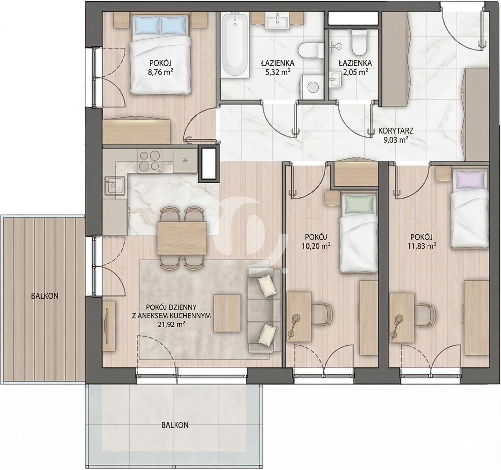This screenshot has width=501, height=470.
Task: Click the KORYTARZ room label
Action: (x=396, y=131)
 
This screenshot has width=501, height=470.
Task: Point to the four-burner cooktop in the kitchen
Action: (x=150, y=162)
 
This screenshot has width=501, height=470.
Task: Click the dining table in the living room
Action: (x=182, y=238)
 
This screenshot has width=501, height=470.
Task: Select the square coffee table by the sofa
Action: (x=227, y=313)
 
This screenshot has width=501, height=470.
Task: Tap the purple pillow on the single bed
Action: (x=470, y=179)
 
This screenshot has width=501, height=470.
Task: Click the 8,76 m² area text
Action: (x=161, y=73)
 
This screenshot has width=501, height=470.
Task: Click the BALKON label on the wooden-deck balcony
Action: (x=45, y=296)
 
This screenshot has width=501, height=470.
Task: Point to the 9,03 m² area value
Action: (x=396, y=140)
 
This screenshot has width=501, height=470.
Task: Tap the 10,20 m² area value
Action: (x=316, y=246)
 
